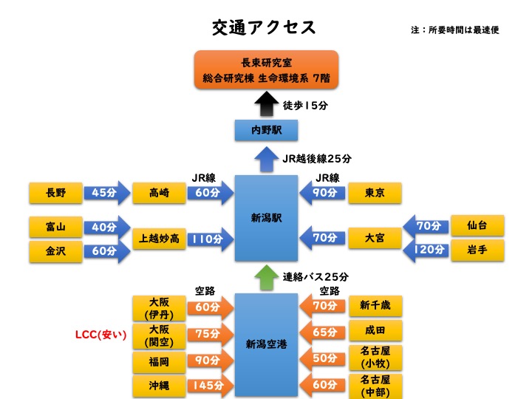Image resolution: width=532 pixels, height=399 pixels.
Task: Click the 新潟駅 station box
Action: coord(266,218)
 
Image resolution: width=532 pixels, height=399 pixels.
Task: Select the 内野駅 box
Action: coord(266,131)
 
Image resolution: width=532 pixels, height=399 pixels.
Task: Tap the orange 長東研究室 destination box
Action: coord(266,70)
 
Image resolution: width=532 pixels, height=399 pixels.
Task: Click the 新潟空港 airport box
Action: coord(266,344)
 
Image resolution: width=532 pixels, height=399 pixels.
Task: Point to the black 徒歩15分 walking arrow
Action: coord(266,103)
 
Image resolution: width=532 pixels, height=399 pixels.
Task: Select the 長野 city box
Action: coord(55,194)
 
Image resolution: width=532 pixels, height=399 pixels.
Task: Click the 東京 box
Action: coord(375,194)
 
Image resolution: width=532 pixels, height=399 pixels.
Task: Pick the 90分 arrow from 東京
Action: coord(323,194)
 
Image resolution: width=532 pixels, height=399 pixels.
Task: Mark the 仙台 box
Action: coord(477,225)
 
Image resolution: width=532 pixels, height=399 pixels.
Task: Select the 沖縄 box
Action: coord(158,385)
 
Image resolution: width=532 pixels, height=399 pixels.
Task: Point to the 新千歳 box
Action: coord(375,305)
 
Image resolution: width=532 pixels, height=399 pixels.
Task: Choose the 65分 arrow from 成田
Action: coord(323,332)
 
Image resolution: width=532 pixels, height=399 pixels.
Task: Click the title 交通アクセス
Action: coord(264,28)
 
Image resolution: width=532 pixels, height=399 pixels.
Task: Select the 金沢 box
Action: coord(55,251)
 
